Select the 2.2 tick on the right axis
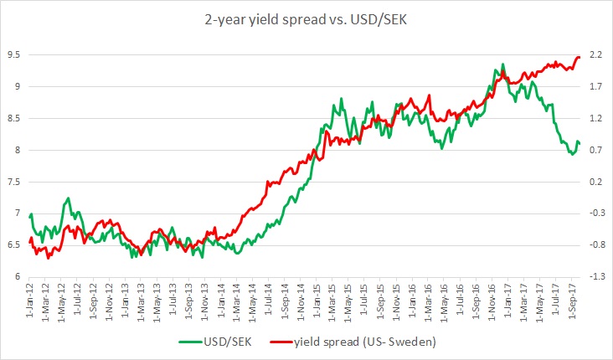click(x=595, y=55)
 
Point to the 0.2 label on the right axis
click(x=595, y=182)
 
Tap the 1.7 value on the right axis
click(x=595, y=87)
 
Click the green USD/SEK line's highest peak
click(x=503, y=64)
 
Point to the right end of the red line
click(x=580, y=57)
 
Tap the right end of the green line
click(x=580, y=143)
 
